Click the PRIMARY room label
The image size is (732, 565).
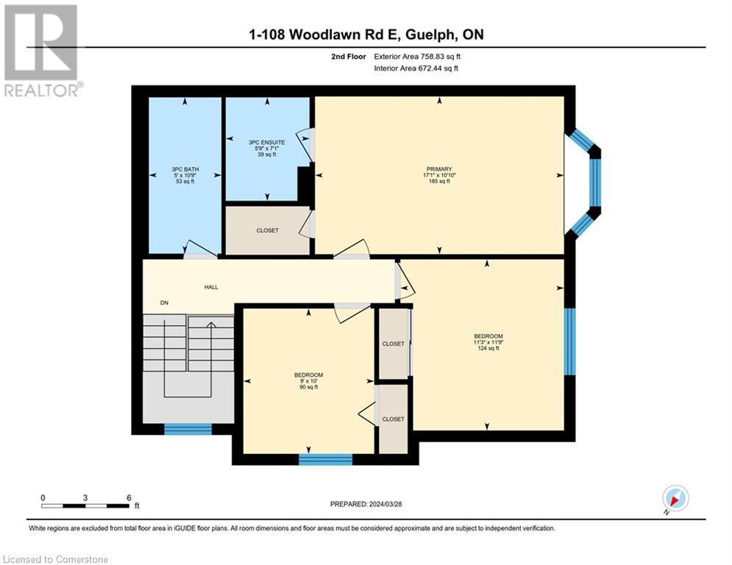pos(439,168)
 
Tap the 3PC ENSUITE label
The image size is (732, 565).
pos(267,142)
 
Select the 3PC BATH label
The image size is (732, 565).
pos(185,168)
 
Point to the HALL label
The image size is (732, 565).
pos(210,288)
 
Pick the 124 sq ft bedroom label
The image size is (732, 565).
pos(487,336)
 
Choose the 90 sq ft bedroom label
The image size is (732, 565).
pos(308,375)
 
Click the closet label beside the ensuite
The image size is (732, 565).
pos(267,231)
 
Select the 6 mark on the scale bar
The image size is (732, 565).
pos(129,497)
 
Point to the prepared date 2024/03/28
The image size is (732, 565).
pos(368,504)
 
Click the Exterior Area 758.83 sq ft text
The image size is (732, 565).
pos(418,56)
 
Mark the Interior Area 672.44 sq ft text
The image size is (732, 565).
pos(417,68)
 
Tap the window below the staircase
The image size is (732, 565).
pos(188,429)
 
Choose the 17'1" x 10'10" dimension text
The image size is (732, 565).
pos(439,175)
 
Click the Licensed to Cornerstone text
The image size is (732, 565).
pos(56,560)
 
